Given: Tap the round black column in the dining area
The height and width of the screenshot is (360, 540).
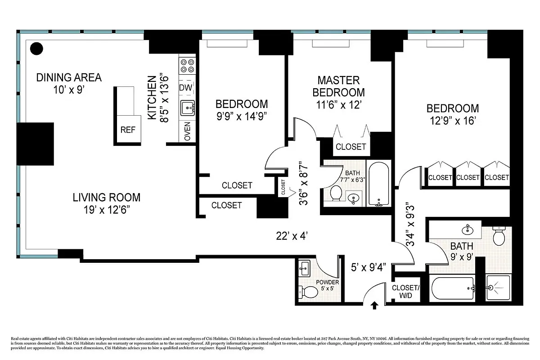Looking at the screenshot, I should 36,48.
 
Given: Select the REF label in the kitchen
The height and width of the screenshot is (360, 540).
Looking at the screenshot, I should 128,130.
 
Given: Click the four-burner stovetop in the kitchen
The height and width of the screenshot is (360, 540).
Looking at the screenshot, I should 187,66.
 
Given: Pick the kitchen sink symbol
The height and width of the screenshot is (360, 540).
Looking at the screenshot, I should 187,108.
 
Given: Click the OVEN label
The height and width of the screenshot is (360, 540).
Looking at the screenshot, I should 187,131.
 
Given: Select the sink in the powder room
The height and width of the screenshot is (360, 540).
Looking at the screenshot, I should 304,269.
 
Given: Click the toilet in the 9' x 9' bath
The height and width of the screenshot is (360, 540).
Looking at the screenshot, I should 500,236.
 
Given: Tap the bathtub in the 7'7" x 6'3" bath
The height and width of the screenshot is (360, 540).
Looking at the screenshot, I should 378,183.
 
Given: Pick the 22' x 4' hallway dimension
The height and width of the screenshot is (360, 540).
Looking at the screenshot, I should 292,235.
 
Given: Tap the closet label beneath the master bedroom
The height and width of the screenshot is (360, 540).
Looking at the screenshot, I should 351,147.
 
